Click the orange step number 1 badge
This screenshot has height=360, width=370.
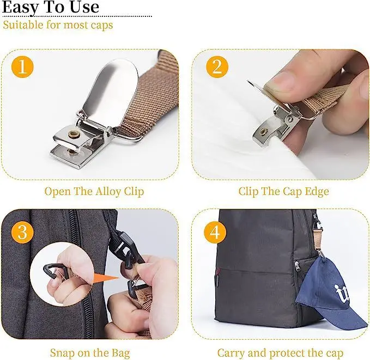(22, 68)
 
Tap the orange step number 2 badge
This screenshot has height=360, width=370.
(216, 68)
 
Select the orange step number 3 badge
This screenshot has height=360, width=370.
(22, 232)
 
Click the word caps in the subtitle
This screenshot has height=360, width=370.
(100, 25)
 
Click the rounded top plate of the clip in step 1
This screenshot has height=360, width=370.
(109, 87)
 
